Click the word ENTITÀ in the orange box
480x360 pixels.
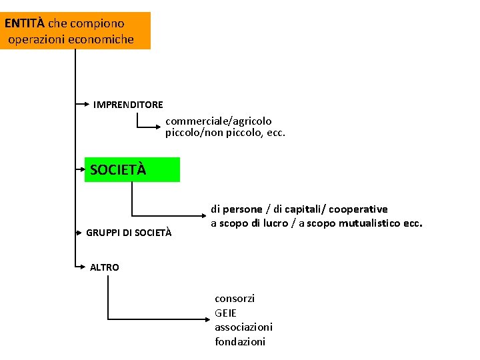(25, 23)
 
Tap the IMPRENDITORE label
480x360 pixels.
(128, 105)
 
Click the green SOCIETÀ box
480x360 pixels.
(132, 169)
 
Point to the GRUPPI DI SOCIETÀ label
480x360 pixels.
(129, 233)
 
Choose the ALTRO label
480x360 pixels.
(105, 267)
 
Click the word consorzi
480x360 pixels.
(235, 299)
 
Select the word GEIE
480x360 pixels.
(225, 313)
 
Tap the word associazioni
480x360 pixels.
(243, 327)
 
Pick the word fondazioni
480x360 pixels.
(240, 342)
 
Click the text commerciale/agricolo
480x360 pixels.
(219, 121)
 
